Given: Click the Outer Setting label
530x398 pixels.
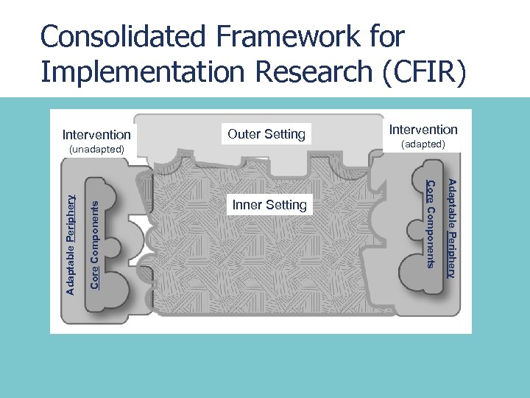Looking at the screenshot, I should pos(266,134).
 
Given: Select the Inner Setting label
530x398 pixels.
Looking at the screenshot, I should pos(269,205).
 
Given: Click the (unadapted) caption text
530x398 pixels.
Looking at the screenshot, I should pos(96,150).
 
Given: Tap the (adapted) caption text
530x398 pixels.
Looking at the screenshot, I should pos(423,144).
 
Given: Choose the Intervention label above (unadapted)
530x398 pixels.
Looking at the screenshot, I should pos(96,135).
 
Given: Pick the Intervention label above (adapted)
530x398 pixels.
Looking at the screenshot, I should pos(423,129).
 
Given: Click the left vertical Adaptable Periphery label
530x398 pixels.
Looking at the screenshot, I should pos(71,244).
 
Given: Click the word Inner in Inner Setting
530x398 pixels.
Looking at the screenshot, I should pos(247,205).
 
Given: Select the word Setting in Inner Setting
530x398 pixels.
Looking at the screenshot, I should pos(285,205).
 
